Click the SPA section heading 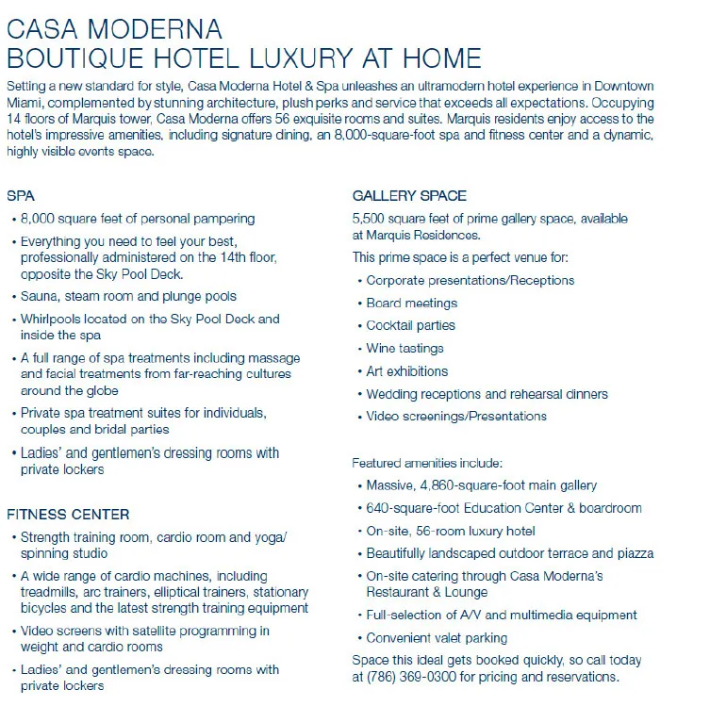[21, 196]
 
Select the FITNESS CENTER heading [68, 515]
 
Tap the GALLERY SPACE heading [409, 196]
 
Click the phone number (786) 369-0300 [407, 677]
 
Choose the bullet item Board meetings [412, 304]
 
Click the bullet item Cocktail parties [411, 326]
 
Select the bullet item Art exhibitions [407, 371]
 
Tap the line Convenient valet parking [437, 638]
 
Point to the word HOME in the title [436, 58]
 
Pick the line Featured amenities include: [427, 463]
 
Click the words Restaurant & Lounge [427, 592]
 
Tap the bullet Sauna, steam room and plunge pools [128, 297]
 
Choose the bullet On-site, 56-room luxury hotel [451, 531]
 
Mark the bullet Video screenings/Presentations [456, 417]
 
